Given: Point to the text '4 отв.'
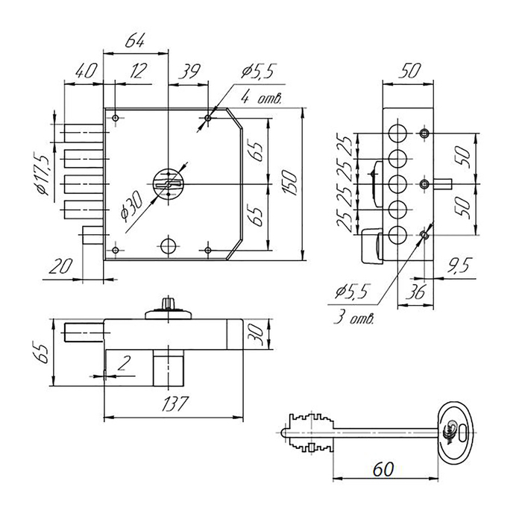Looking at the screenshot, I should click(x=259, y=98).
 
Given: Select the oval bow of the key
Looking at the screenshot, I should click(x=456, y=429).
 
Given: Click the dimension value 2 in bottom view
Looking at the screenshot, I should click(x=124, y=364).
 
